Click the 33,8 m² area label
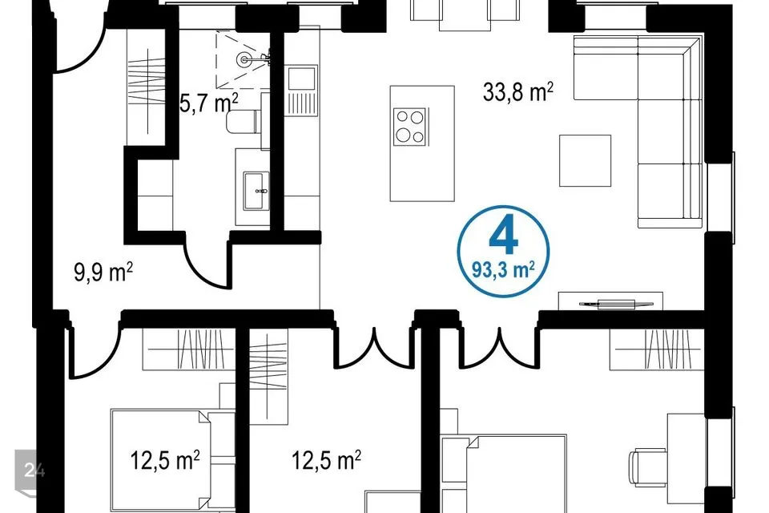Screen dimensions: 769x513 [x=518, y=92]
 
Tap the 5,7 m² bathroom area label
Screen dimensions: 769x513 [x=209, y=103]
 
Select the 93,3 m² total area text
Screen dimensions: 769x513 [x=503, y=269]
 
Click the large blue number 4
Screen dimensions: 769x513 [x=504, y=236]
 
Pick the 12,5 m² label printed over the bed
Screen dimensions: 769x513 [x=165, y=460]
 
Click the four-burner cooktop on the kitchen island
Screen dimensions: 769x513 [x=410, y=127]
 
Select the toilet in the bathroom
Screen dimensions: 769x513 [x=244, y=121]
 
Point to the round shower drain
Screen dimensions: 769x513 [x=244, y=59]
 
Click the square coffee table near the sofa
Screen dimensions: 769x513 [x=585, y=160]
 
